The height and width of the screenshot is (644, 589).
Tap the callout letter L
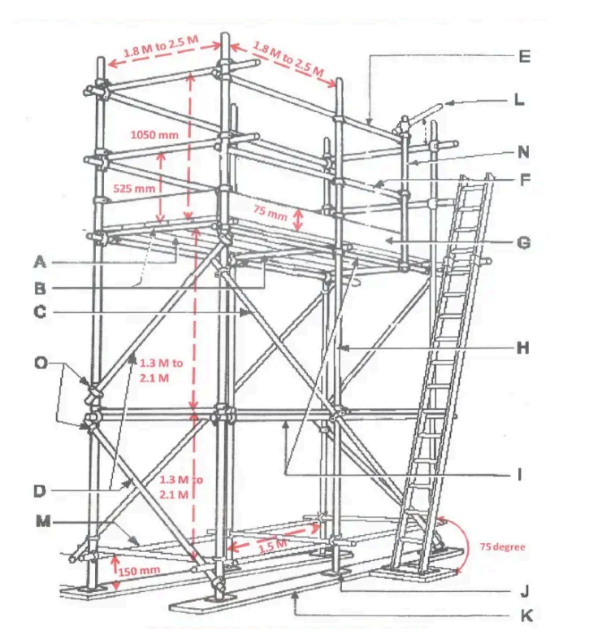coord(519,102)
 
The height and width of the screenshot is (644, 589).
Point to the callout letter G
coord(523,241)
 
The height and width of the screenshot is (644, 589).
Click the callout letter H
coord(524,347)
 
